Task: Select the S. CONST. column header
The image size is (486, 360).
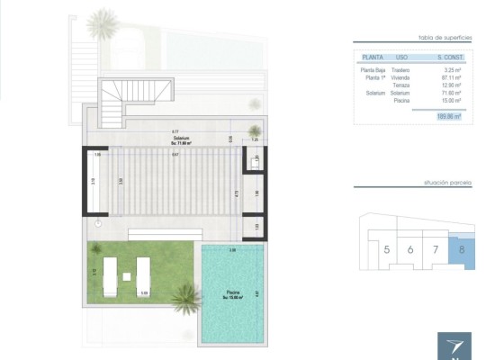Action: pyautogui.click(x=447, y=57)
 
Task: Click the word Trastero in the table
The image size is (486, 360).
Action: pyautogui.click(x=401, y=69)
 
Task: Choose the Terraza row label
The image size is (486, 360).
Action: pyautogui.click(x=402, y=85)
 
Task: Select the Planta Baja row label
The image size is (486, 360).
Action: pyautogui.click(x=373, y=69)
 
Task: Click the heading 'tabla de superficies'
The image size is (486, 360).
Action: pyautogui.click(x=445, y=37)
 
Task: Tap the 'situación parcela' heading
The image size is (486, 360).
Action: pyautogui.click(x=446, y=183)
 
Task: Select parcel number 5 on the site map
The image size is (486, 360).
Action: pyautogui.click(x=387, y=249)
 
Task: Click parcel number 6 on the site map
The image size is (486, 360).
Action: pyautogui.click(x=411, y=249)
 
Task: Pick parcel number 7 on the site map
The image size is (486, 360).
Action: pyautogui.click(x=435, y=249)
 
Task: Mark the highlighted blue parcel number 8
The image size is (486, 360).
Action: pyautogui.click(x=461, y=249)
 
